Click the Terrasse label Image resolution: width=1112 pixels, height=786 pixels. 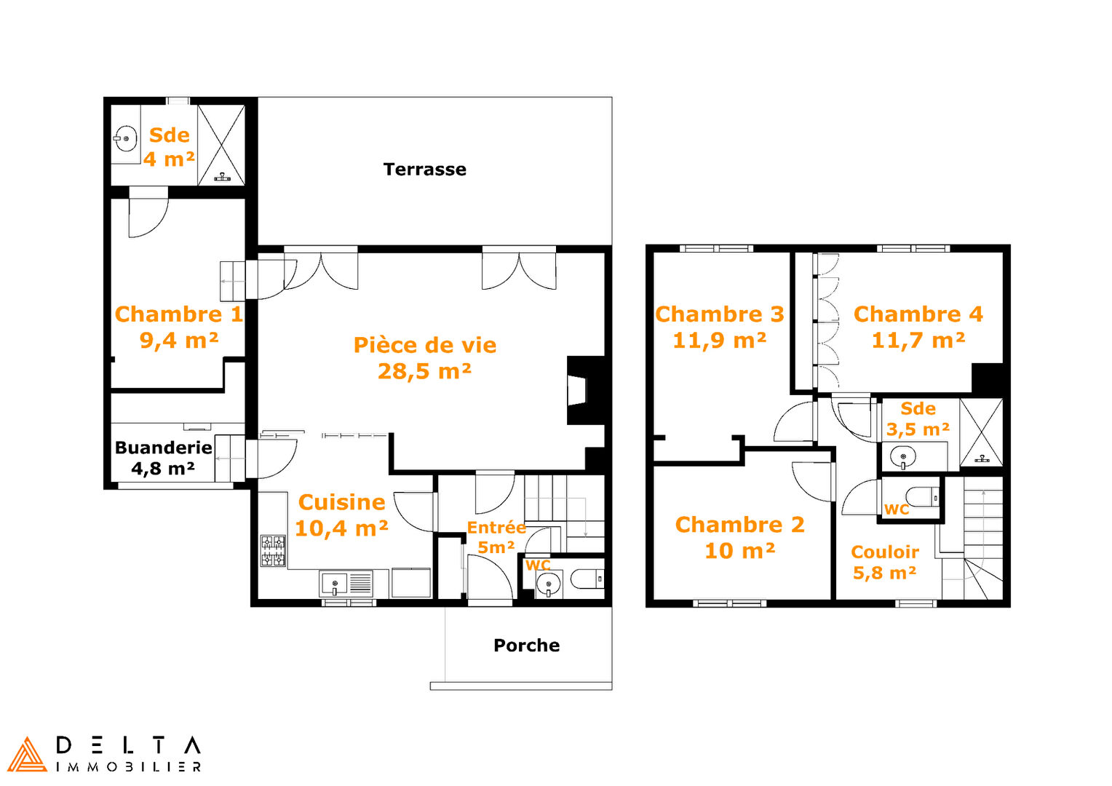tap(424, 170)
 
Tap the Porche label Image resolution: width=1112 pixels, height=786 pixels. tap(527, 645)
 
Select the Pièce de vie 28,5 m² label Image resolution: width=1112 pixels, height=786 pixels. tap(424, 358)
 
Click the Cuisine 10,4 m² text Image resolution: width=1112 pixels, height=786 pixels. tap(341, 515)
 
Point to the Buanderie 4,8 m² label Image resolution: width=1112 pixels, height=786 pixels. tap(163, 457)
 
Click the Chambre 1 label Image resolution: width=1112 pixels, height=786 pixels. tap(179, 314)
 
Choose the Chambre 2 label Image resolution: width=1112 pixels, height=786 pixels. tap(739, 525)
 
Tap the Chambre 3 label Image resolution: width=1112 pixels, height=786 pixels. tap(719, 314)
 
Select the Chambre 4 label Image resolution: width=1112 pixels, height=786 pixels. tap(918, 314)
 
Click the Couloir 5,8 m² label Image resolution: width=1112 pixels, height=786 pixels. tap(885, 562)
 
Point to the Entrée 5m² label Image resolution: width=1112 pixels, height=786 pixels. tap(496, 537)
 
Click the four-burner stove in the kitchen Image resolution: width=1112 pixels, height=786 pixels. tap(273, 551)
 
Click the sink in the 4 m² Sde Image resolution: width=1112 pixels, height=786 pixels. tap(125, 138)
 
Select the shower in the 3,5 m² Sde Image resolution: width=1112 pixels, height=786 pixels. tap(982, 432)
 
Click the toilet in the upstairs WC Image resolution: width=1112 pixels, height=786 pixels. tap(923, 496)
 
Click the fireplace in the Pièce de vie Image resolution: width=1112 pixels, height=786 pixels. tap(586, 390)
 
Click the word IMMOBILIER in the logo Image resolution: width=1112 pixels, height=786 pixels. tap(129, 766)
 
